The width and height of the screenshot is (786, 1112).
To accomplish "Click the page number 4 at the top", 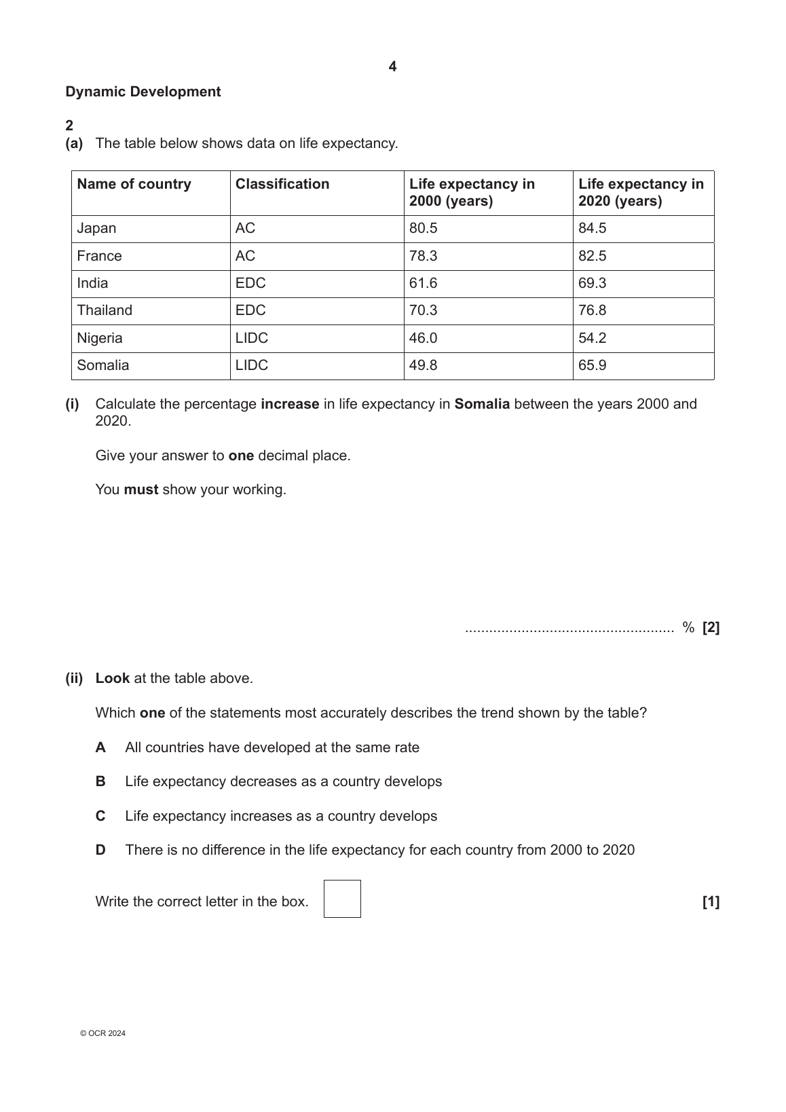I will pyautogui.click(x=392, y=67).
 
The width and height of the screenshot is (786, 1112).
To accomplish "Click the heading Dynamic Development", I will pyautogui.click(x=143, y=92).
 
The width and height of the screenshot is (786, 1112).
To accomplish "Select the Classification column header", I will pyautogui.click(x=282, y=184).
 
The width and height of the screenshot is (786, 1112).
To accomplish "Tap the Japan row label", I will pyautogui.click(x=96, y=228).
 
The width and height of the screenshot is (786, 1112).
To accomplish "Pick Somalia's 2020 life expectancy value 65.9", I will pyautogui.click(x=592, y=365).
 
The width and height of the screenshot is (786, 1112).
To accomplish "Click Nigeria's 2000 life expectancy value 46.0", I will pyautogui.click(x=423, y=338).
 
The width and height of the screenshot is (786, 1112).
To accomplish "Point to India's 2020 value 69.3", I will pyautogui.click(x=592, y=283).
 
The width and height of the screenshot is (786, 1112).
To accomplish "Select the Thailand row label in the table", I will pyautogui.click(x=105, y=310).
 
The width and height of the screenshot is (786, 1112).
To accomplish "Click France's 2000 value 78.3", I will pyautogui.click(x=423, y=256).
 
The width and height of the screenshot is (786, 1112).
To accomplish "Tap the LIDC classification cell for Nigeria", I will pyautogui.click(x=251, y=338).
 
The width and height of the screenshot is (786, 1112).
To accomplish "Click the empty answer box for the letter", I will pyautogui.click(x=342, y=899).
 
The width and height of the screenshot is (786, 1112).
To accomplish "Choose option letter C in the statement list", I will pyautogui.click(x=100, y=816).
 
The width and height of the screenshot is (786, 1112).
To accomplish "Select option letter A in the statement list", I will pyautogui.click(x=100, y=747).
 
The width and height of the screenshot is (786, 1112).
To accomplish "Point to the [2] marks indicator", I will pyautogui.click(x=711, y=628).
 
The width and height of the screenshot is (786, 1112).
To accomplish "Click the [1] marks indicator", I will pyautogui.click(x=711, y=902).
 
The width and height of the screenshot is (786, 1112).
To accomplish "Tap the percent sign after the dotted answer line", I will pyautogui.click(x=688, y=628).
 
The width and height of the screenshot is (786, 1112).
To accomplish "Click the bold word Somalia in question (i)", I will pyautogui.click(x=482, y=404).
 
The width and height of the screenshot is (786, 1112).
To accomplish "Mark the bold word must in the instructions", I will pyautogui.click(x=141, y=489).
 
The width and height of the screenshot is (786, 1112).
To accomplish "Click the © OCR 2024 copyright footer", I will pyautogui.click(x=102, y=1033).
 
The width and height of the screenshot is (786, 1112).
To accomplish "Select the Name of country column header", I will pyautogui.click(x=134, y=184).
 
